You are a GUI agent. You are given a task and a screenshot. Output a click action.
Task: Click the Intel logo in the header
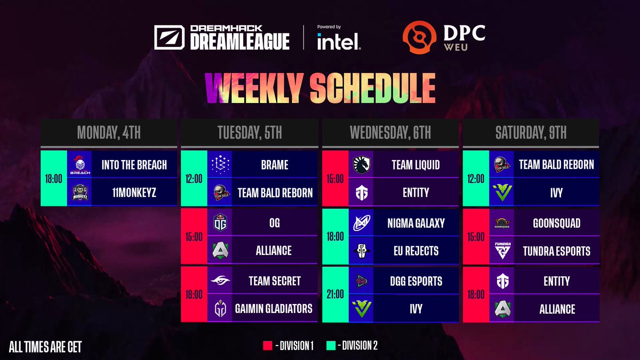tap(339, 42)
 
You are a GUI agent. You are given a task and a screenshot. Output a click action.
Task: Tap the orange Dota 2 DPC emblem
tap(419, 37)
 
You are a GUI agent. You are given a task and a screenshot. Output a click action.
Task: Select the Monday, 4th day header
tap(109, 132)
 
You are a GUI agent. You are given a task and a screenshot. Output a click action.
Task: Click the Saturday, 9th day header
tap(531, 132)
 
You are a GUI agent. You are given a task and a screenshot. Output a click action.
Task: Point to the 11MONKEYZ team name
tap(134, 193)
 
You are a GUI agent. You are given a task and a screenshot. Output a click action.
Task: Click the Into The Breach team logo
tap(79, 165)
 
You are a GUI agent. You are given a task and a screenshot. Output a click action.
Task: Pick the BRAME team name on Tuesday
tap(275, 165)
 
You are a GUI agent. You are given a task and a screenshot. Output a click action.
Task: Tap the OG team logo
tap(220, 222)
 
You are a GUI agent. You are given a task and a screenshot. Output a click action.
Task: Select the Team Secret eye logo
tap(220, 281)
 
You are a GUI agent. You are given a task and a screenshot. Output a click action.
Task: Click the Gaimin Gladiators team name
tap(274, 309)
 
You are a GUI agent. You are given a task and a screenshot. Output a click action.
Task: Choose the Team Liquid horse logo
tap(362, 165)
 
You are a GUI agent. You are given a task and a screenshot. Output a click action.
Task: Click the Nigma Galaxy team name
tap(416, 223)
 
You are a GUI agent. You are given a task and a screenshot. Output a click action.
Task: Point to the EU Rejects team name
tap(416, 251)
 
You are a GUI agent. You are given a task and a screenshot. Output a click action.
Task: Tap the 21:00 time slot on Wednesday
tap(335, 294)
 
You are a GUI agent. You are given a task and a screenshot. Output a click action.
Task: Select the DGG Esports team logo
tap(362, 281)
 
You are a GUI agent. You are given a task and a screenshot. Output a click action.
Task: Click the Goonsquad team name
tap(557, 223)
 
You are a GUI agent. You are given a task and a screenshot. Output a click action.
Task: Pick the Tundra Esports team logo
tap(502, 251)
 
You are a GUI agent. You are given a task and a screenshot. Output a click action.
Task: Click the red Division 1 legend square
tap(267, 346)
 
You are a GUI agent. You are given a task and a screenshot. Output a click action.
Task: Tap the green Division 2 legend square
tap(331, 346)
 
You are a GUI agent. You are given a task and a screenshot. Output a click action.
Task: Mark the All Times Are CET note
tap(45, 347)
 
